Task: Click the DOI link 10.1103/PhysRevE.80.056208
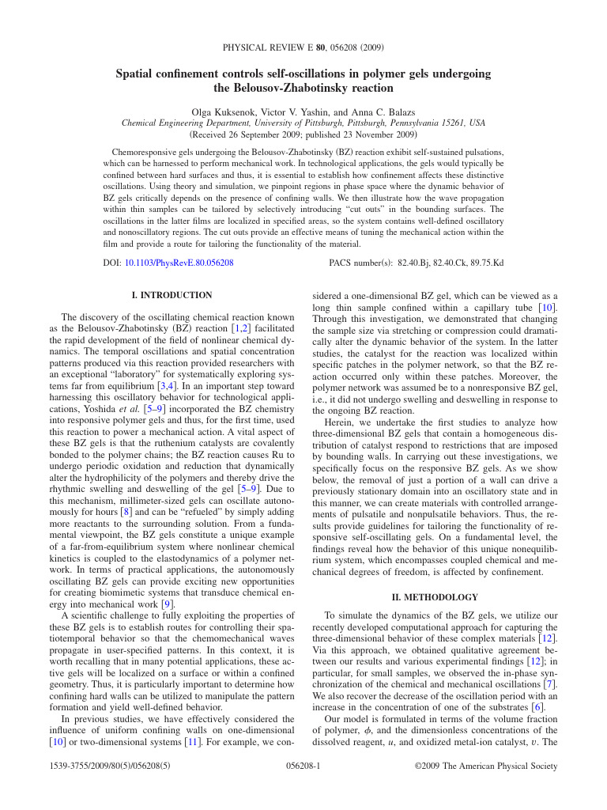tap(179, 262)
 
